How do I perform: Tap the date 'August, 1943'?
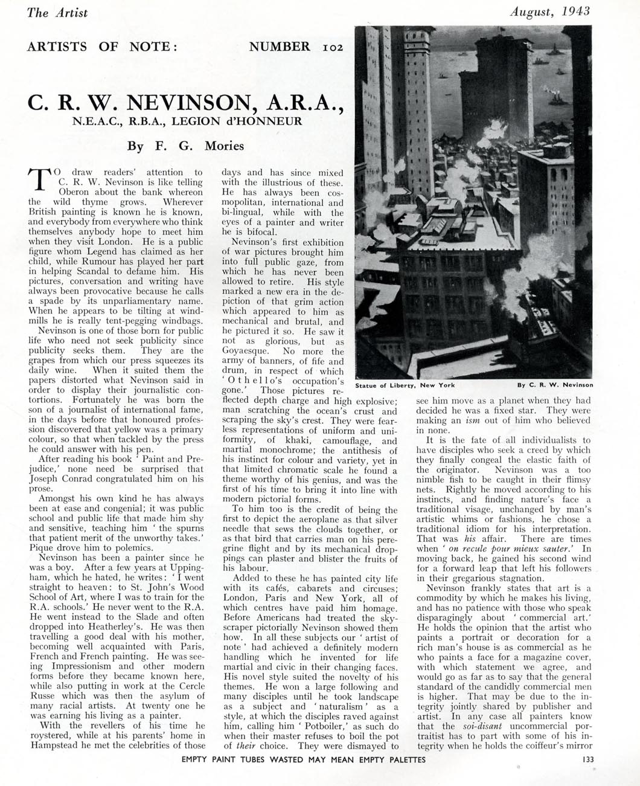(549, 11)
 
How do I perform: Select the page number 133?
(585, 759)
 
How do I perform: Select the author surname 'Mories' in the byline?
(224, 146)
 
